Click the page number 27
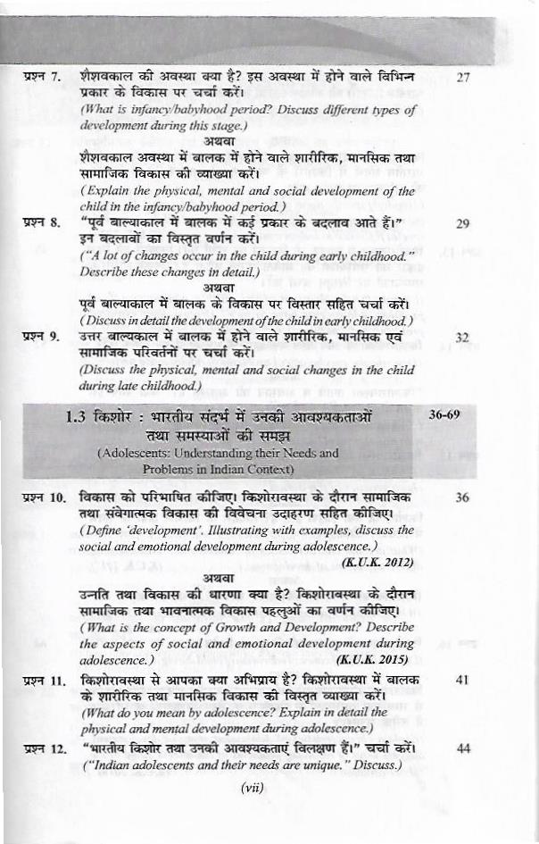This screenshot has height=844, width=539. point(462,78)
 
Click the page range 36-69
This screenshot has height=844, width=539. point(450,415)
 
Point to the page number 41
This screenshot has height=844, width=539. point(462,680)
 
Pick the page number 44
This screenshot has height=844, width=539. point(462,748)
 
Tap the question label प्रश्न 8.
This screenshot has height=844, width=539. point(42,223)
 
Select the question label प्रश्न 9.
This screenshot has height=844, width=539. point(42,338)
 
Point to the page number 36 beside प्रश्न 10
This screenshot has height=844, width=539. point(462,497)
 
